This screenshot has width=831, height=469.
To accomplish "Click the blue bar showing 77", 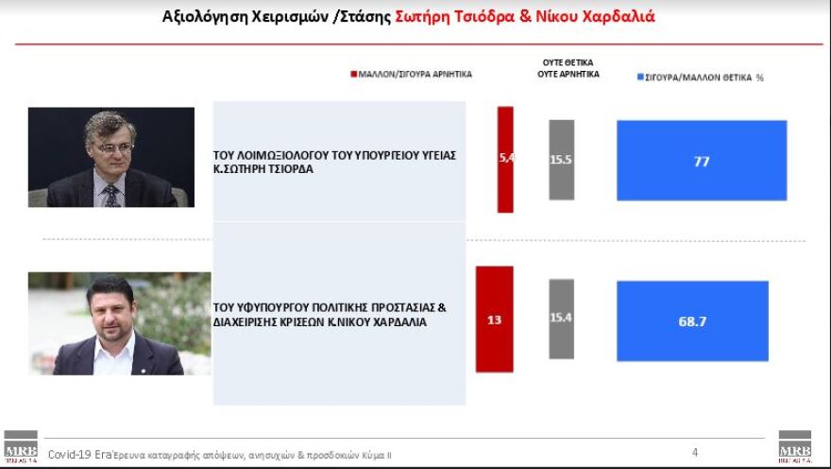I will coord(702,160).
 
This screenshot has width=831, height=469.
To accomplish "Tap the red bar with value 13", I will coord(494,319).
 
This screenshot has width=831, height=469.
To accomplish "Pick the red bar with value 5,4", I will coord(505,159).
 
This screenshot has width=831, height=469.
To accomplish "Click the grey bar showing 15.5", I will coord(561,159).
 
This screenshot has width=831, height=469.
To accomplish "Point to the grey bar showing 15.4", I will coord(561,319).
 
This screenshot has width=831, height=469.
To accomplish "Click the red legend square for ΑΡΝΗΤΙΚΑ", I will coord(353,74).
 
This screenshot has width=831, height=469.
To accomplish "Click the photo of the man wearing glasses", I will coord(110,157).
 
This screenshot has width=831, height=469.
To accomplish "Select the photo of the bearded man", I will coord(118,323).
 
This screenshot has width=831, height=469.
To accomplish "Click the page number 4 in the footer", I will coord(695,452).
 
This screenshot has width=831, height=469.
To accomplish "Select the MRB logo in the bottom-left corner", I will coord(20,447).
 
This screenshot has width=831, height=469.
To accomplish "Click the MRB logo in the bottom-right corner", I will coord(794,447).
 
